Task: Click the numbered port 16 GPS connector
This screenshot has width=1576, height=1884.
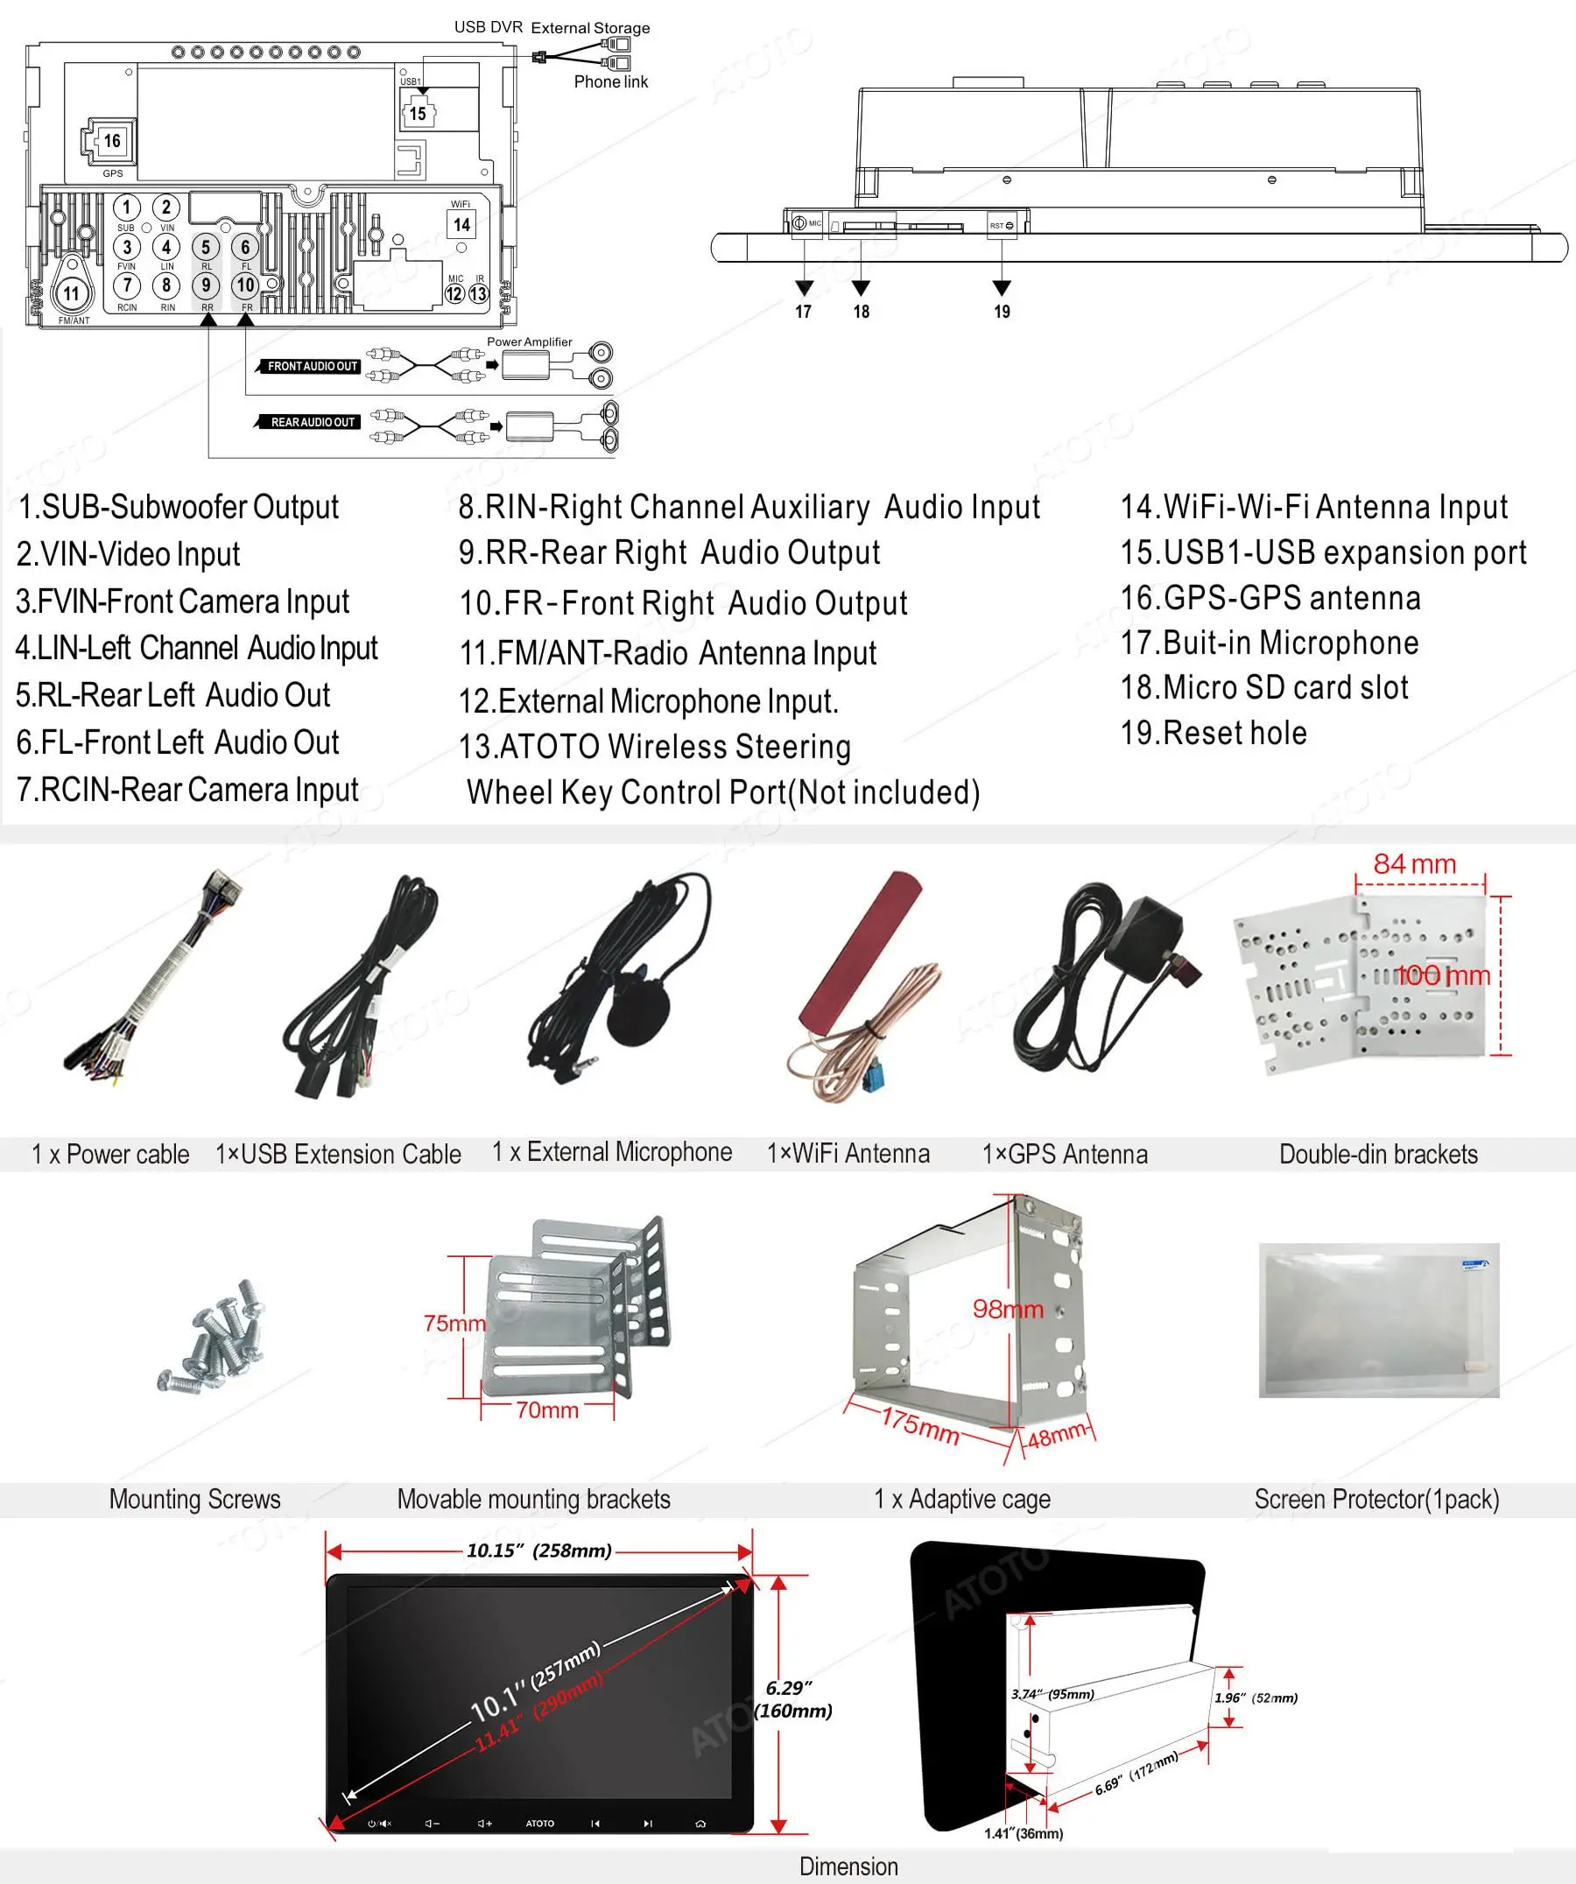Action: [x=110, y=141]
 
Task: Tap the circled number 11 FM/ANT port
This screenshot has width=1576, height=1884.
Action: [x=71, y=293]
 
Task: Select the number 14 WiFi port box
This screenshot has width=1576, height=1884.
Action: [x=461, y=224]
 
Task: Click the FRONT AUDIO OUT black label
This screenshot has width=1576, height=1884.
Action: [x=311, y=366]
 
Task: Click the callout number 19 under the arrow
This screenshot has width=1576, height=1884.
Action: [x=1002, y=312]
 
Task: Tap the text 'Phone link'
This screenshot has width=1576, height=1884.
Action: [x=610, y=81]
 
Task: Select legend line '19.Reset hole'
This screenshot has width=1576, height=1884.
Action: [x=1213, y=733]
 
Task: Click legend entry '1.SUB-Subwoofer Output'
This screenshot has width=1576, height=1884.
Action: [x=179, y=507]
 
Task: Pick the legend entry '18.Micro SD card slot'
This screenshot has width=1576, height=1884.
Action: [x=1263, y=687]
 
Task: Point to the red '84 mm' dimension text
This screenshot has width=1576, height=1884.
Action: [x=1415, y=864]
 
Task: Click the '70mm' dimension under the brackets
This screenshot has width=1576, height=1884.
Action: [x=547, y=1410]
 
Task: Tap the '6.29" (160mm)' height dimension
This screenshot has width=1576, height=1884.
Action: [x=793, y=1699]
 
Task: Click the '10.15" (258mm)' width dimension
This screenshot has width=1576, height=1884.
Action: [x=539, y=1550]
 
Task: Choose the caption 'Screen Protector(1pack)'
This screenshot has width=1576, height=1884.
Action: [x=1376, y=1499]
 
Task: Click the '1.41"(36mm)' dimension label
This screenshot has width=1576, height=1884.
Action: [x=1023, y=1834]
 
